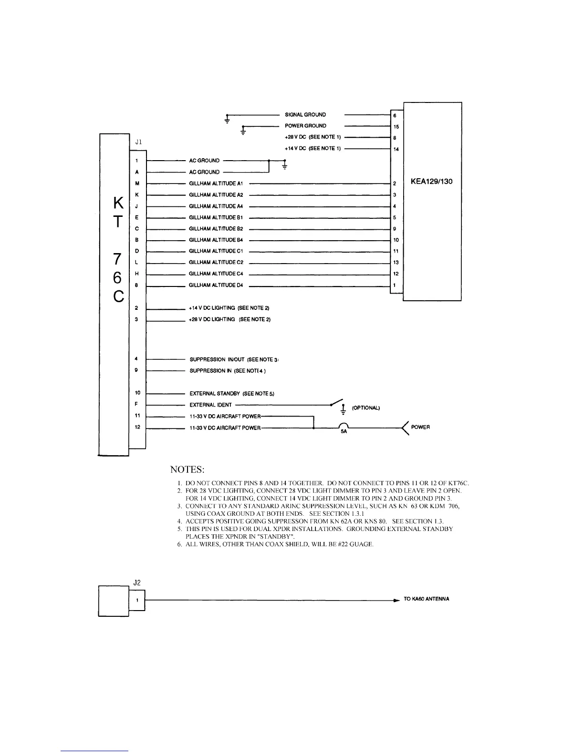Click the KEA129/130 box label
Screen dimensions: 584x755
pos(431,182)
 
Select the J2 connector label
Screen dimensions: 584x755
pos(137,582)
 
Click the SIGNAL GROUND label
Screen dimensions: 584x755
pos(305,115)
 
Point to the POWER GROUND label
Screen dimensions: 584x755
pos(305,126)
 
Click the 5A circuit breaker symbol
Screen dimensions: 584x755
pos(344,427)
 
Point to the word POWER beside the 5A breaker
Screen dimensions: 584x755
pos(420,427)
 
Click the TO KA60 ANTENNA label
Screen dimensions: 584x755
pos(426,599)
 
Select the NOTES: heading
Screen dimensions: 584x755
pos(188,469)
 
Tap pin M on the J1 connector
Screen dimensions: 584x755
pos(137,184)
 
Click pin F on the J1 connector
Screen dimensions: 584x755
pos(137,405)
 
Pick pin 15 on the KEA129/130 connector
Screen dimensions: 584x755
pos(396,127)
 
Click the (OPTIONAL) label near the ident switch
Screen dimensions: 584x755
pos(365,408)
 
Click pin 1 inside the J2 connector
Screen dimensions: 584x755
pos(137,601)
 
